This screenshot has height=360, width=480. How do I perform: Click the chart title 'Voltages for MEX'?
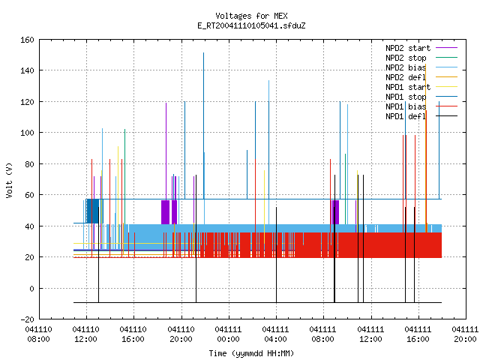click(251, 16)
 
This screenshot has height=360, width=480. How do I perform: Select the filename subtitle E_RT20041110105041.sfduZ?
click(251, 25)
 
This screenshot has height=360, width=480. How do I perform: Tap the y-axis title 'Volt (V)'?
click(9, 180)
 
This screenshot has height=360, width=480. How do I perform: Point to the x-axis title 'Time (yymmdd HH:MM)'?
click(251, 353)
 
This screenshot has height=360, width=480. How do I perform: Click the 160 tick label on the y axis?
click(27, 40)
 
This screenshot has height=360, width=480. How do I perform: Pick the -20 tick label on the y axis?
click(27, 319)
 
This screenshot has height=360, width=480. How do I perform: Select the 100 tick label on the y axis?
click(27, 133)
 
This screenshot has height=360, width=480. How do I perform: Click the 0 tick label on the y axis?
click(31, 288)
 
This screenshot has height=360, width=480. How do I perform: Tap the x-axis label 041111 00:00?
click(228, 334)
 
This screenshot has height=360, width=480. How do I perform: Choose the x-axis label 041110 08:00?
click(38, 334)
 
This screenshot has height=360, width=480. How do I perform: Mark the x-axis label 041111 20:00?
click(465, 334)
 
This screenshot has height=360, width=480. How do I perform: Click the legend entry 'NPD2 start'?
click(408, 48)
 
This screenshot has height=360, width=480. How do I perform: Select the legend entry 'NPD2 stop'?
click(406, 58)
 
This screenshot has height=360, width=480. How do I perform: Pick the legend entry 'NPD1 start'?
click(408, 87)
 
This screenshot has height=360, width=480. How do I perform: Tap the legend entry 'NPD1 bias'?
click(406, 106)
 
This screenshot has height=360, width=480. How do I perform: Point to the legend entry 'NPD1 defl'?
click(406, 116)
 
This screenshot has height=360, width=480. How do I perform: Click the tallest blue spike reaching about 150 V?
click(203, 125)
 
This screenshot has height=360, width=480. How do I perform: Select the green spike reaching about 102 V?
click(125, 177)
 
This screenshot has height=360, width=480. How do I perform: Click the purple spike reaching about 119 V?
click(166, 151)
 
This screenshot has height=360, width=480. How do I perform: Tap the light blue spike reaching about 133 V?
click(268, 152)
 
